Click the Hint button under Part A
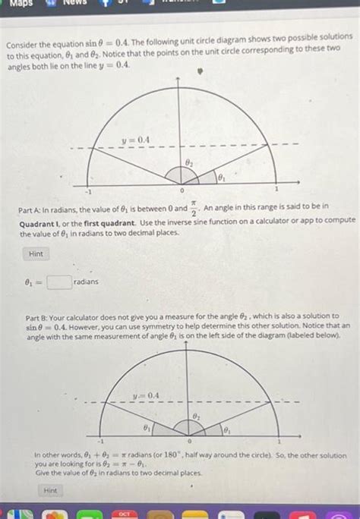36,253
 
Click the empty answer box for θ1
59,282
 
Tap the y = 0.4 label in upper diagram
139,139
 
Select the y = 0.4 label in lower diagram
145,395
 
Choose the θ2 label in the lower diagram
196,417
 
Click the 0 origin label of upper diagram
181,190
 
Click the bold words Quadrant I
40,220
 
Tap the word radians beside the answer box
87,282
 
